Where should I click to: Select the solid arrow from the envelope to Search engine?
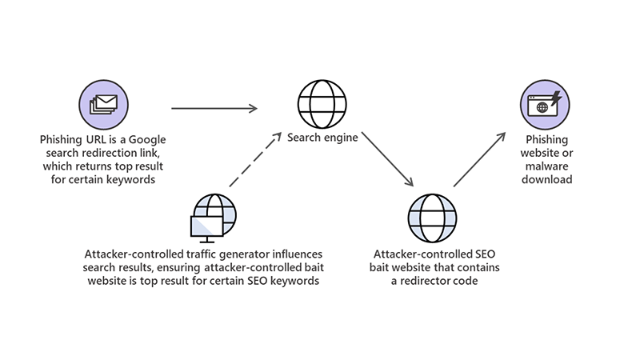(x=214, y=107)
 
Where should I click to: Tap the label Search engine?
(x=322, y=137)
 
